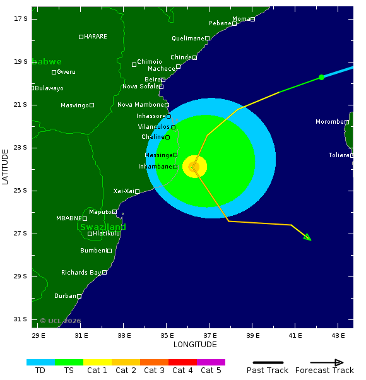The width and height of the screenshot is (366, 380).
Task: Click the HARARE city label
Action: coord(95,37)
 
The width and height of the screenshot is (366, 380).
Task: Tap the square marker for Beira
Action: coord(163,80)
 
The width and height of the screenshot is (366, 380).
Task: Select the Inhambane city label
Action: coord(155,167)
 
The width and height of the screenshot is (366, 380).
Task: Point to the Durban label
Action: coord(65,296)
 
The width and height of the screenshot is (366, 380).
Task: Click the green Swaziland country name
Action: coord(103,227)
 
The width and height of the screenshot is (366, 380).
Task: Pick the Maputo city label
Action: coord(100,212)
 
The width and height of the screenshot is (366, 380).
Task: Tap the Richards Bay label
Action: coord(81,273)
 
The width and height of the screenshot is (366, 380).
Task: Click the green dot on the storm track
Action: coord(321,77)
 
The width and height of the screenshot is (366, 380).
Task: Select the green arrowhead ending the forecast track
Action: coord(307,237)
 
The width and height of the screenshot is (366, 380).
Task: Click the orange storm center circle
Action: coord(194,167)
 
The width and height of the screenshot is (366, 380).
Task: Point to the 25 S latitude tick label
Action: coord(21,191)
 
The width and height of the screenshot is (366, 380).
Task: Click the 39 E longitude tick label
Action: coord(252,335)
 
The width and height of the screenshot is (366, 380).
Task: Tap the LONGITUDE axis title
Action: coord(195,345)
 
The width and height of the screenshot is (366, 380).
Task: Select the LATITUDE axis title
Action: coord(6,167)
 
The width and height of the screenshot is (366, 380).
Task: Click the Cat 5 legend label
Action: coord(211,371)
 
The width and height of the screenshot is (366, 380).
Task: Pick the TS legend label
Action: coord(69,371)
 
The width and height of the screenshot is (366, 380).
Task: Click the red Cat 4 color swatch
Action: coord(182,362)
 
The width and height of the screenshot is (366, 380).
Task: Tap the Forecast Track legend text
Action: coord(324,371)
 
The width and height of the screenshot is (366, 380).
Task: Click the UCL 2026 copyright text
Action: coord(61,321)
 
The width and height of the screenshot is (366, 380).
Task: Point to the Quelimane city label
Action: coord(188,39)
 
